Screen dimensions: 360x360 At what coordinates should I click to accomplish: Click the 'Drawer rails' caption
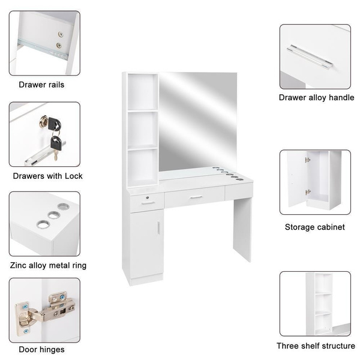tap(41, 85)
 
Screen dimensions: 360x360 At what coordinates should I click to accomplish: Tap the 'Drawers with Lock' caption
tap(48, 176)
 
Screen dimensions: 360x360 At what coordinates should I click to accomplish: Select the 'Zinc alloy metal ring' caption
tap(48, 265)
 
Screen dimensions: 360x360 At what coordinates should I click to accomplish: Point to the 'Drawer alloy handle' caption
tap(316, 97)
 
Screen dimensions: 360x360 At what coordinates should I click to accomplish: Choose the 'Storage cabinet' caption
tap(314, 227)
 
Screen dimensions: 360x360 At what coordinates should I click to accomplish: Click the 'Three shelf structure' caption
tap(316, 346)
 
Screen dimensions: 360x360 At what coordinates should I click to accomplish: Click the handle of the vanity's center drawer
tap(196, 197)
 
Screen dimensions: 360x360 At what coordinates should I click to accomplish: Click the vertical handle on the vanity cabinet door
tap(158, 229)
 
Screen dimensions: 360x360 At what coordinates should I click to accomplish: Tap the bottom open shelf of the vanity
tap(142, 166)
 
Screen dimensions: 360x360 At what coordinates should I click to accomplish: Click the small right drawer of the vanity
tap(239, 191)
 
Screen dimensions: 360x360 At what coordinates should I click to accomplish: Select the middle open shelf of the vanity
tap(142, 129)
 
